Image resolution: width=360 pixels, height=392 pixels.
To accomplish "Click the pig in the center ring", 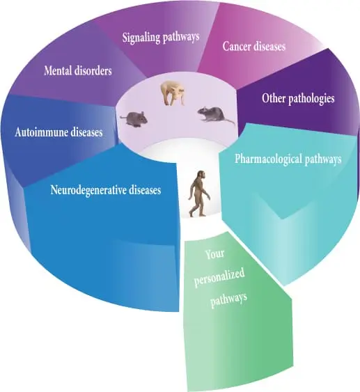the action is pyautogui.click(x=173, y=93).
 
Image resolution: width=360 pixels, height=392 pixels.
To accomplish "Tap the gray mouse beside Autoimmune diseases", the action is pyautogui.click(x=134, y=118).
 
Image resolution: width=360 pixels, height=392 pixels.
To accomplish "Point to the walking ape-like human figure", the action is pyautogui.click(x=199, y=194).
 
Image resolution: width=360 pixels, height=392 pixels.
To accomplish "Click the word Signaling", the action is pyautogui.click(x=141, y=38).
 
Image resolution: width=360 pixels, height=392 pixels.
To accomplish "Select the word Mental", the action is pyautogui.click(x=58, y=70).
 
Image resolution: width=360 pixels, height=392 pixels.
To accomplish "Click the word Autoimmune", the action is pyautogui.click(x=41, y=132).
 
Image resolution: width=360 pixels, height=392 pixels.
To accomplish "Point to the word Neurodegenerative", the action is pyautogui.click(x=88, y=190).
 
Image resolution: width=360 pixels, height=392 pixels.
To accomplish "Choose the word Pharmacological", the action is pyautogui.click(x=267, y=159).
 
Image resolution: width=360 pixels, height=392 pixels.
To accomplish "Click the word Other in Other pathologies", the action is pyautogui.click(x=274, y=98).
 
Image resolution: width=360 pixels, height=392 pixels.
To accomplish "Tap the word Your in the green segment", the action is pyautogui.click(x=214, y=255).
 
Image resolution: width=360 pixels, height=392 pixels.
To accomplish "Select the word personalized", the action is pyautogui.click(x=219, y=278).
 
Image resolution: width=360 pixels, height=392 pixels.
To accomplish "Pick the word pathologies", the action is pyautogui.click(x=311, y=99).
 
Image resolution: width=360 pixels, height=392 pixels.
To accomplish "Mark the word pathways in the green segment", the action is pyautogui.click(x=228, y=299).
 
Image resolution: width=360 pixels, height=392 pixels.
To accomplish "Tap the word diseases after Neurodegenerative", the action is pyautogui.click(x=145, y=190).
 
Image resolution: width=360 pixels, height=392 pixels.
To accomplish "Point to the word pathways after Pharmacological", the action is pyautogui.click(x=322, y=159).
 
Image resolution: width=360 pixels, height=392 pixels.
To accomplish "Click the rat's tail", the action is pyautogui.click(x=228, y=121).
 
